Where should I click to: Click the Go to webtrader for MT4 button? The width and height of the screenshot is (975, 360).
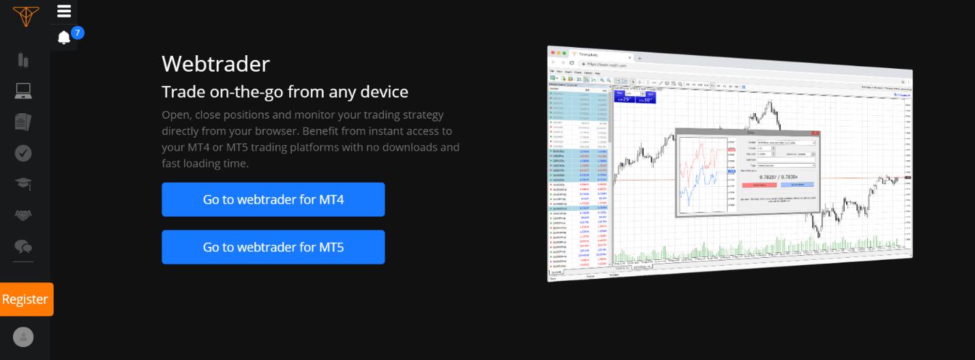click(x=273, y=200)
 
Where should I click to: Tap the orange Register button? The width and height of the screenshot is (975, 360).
click(x=25, y=299)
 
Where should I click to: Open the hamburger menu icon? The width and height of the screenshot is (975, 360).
click(x=64, y=11)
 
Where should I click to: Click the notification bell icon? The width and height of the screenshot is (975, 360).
click(x=64, y=37)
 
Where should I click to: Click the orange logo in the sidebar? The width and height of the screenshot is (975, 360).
click(x=25, y=15)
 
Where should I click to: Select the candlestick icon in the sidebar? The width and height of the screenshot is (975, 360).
click(x=23, y=60)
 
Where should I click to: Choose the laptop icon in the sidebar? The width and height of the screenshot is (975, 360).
click(x=23, y=91)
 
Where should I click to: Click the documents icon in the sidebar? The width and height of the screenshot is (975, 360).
click(x=23, y=122)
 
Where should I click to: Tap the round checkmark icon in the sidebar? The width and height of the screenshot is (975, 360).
click(x=23, y=153)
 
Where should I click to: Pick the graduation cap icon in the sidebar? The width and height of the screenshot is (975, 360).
click(x=23, y=184)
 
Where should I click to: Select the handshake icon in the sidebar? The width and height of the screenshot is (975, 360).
click(x=23, y=215)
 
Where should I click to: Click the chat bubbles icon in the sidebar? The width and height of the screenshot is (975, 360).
click(x=23, y=246)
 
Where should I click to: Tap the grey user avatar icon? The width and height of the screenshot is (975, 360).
click(x=23, y=337)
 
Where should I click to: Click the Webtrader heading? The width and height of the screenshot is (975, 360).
click(x=215, y=64)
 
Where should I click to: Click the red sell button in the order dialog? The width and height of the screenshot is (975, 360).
click(x=759, y=185)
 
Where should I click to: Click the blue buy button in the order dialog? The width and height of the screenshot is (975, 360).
click(x=798, y=184)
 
